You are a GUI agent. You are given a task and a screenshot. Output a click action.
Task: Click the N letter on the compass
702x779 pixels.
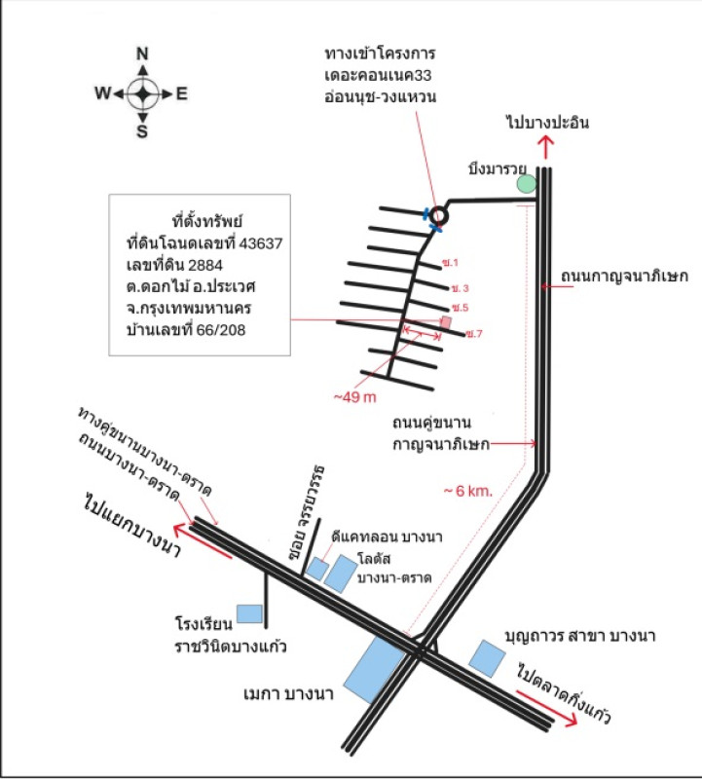(142, 55)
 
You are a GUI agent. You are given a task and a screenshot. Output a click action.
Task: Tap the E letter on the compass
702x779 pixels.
(181, 94)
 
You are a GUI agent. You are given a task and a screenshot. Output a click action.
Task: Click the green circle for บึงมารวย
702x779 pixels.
(526, 183)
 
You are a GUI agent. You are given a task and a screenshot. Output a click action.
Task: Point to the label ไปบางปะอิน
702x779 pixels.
(547, 123)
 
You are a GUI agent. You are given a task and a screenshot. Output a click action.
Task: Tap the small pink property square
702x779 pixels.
(447, 320)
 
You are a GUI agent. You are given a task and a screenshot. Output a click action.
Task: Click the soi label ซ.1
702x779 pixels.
(449, 263)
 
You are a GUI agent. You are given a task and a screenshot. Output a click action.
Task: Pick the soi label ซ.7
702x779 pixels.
(474, 334)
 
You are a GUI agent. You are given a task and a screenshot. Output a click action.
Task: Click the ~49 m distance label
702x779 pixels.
(355, 397)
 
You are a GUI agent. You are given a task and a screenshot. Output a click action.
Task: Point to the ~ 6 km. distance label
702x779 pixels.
(468, 490)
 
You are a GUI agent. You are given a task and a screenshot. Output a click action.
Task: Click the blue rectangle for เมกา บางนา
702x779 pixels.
(377, 667)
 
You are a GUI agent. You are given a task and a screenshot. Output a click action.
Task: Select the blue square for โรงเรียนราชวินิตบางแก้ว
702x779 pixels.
(250, 613)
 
